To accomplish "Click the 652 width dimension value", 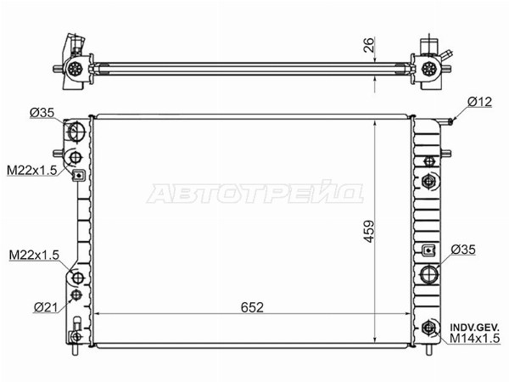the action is (252, 307).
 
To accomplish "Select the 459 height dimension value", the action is (369, 232).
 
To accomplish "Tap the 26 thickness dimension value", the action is (369, 45).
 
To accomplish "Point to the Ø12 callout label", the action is (480, 102).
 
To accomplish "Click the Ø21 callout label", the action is (46, 307).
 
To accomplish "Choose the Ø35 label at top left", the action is (42, 113).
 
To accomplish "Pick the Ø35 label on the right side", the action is (463, 250).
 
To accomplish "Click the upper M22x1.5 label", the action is (32, 170).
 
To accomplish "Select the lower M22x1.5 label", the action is (34, 256).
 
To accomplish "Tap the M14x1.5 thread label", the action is (474, 339).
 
